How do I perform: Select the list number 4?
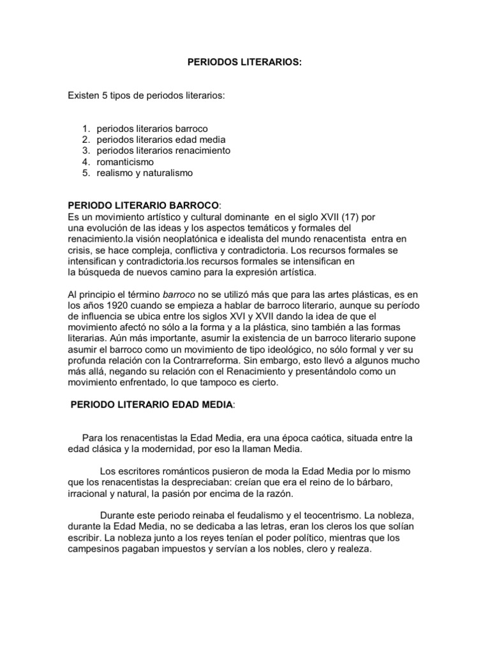coord(87,162)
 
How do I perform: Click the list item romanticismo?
coord(126,162)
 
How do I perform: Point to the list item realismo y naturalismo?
coord(144,173)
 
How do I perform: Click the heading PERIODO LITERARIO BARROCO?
coord(143,205)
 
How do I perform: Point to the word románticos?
coord(186,471)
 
